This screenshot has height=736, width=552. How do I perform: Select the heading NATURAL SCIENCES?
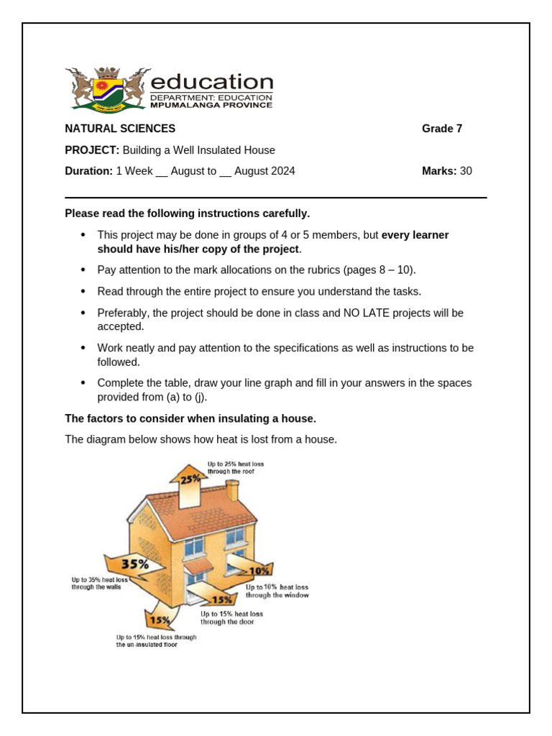[x=120, y=129]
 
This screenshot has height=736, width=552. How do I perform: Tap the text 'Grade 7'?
[x=441, y=129]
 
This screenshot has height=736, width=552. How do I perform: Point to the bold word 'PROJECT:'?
[x=92, y=150]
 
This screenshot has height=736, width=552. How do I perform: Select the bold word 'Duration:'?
[x=88, y=171]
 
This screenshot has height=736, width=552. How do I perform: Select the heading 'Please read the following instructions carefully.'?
[x=187, y=213]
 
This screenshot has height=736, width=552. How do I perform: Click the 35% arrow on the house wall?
[x=134, y=565]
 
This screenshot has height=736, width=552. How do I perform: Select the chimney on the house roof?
[x=231, y=490]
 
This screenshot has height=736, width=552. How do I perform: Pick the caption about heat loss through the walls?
[x=101, y=583]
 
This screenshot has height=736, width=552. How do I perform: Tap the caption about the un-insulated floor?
[x=156, y=641]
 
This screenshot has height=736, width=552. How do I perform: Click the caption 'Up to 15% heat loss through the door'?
[x=231, y=618]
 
